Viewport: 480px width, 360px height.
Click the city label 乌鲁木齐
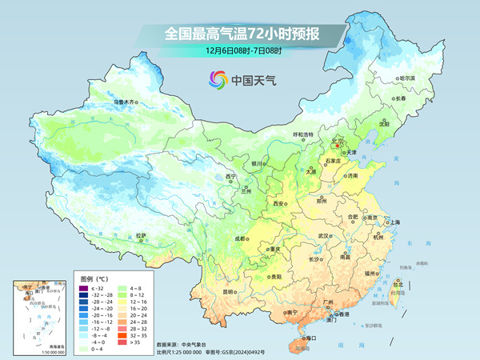126,102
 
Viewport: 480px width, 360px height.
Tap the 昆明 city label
229,291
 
